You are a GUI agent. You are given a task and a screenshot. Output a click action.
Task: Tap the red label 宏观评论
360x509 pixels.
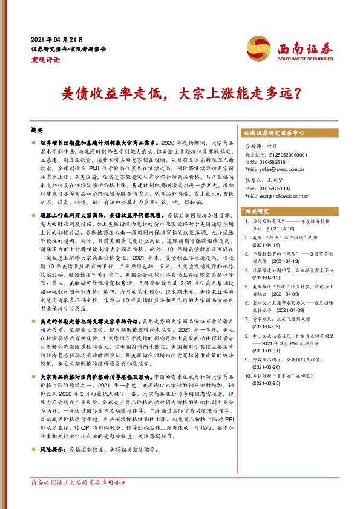(45, 59)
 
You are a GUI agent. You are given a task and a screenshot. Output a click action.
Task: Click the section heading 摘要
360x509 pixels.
(37, 131)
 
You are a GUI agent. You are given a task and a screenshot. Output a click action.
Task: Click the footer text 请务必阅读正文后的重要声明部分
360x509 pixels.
(79, 483)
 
